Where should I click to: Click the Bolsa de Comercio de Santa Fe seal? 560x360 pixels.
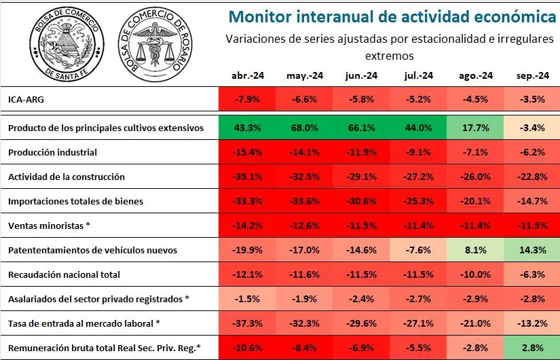click(x=67, y=44)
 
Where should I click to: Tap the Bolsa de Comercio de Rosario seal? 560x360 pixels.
click(x=155, y=44)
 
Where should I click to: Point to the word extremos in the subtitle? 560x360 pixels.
click(x=390, y=56)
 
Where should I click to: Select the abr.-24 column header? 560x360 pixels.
click(x=248, y=76)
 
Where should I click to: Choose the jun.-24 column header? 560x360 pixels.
click(x=361, y=76)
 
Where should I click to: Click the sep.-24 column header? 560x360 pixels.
click(x=532, y=76)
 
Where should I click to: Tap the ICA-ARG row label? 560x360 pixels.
click(x=26, y=99)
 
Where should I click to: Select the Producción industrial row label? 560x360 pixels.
click(x=52, y=152)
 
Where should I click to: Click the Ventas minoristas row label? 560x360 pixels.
click(x=49, y=226)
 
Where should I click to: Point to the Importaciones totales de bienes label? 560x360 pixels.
click(x=75, y=201)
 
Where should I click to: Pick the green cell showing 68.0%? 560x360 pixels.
click(x=304, y=128)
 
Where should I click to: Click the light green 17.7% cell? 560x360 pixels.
click(x=475, y=128)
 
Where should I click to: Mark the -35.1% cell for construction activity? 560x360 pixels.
click(x=247, y=177)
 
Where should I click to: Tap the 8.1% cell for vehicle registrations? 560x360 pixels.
click(x=475, y=250)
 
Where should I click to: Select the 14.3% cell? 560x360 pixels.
click(x=531, y=250)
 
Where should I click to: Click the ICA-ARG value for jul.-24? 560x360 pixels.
click(x=418, y=99)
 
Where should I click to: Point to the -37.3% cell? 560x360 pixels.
click(x=247, y=323)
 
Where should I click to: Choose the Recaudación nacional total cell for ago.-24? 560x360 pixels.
click(x=475, y=274)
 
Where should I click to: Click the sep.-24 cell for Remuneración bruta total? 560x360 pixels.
click(x=531, y=348)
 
